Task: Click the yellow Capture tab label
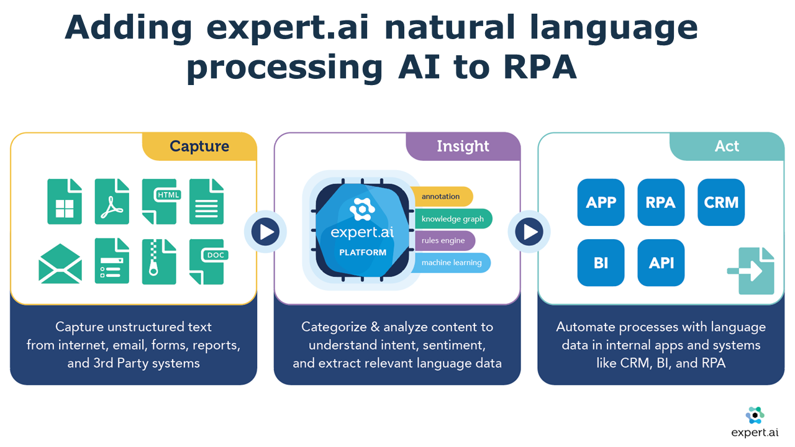(199, 147)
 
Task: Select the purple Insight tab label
(463, 147)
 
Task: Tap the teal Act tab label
(727, 147)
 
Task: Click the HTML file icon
(159, 201)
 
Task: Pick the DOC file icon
(206, 261)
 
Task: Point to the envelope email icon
(60, 263)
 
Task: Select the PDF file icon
(112, 201)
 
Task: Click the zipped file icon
(159, 261)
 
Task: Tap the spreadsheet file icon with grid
(65, 201)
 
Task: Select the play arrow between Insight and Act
(530, 232)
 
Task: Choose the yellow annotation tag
(441, 197)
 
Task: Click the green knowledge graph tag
(452, 219)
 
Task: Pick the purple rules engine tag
(443, 241)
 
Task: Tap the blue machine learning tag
(451, 263)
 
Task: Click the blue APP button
(601, 202)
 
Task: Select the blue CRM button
(721, 202)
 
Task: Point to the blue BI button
(601, 263)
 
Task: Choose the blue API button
(661, 263)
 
